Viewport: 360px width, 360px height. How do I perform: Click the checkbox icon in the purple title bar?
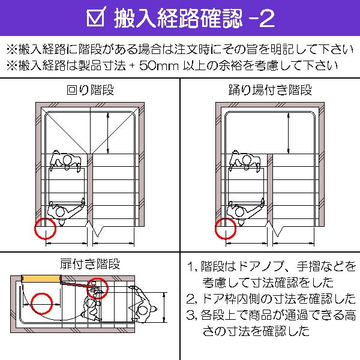96,19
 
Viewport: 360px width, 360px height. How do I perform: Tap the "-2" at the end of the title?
262,19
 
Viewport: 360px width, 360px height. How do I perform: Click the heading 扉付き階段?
90,264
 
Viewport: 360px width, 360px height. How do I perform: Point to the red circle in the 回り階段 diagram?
45,229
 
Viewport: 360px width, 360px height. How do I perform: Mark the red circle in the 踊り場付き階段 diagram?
225,229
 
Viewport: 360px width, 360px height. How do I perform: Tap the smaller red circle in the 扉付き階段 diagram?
98,288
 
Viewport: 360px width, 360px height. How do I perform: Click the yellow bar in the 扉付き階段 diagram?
40,278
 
